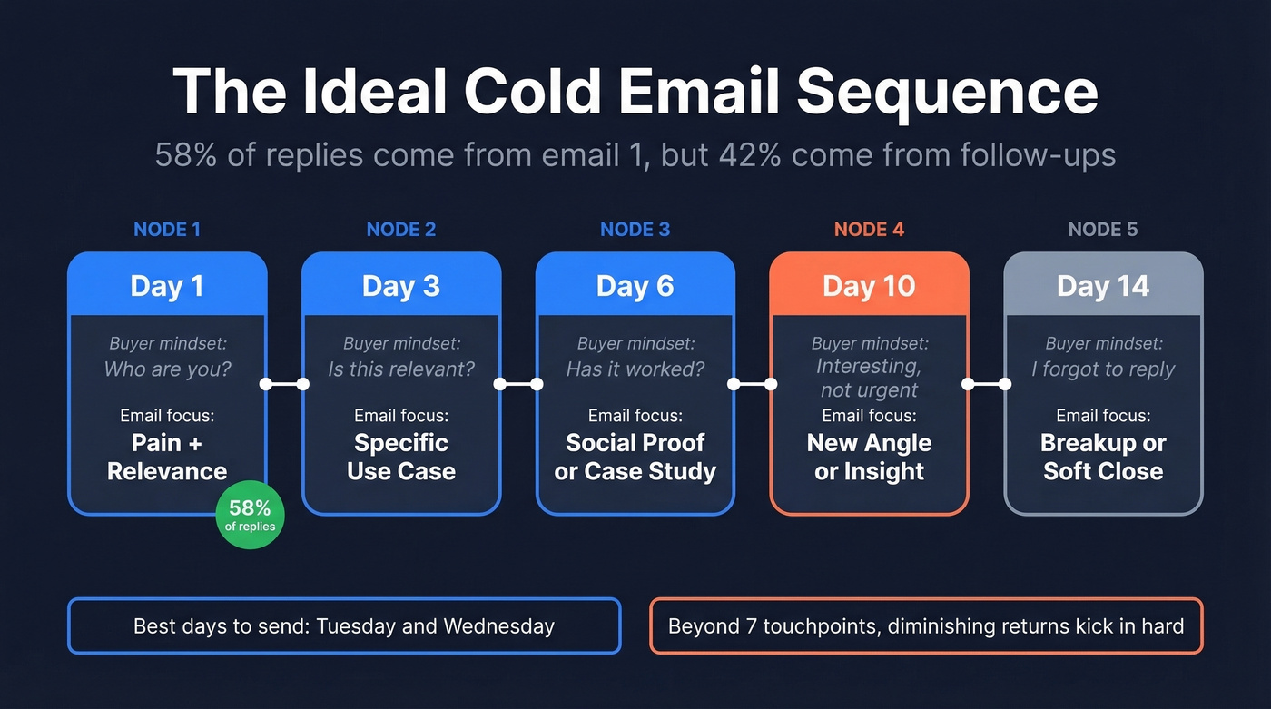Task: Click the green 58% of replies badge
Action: click(250, 516)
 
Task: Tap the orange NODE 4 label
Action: click(869, 230)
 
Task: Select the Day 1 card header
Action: click(167, 286)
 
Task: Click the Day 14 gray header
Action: click(1103, 286)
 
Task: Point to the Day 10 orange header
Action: click(869, 286)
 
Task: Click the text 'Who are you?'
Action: click(167, 369)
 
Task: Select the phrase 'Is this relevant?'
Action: click(401, 369)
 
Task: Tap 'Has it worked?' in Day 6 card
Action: click(635, 369)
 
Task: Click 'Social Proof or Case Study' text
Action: click(635, 457)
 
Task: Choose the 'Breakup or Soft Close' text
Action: click(1103, 457)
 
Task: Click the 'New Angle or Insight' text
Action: click(869, 457)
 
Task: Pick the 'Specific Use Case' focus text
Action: click(401, 457)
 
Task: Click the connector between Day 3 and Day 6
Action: click(517, 384)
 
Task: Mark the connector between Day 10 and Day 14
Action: click(986, 384)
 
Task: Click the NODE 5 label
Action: click(1102, 230)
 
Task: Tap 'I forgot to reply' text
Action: click(1103, 369)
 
